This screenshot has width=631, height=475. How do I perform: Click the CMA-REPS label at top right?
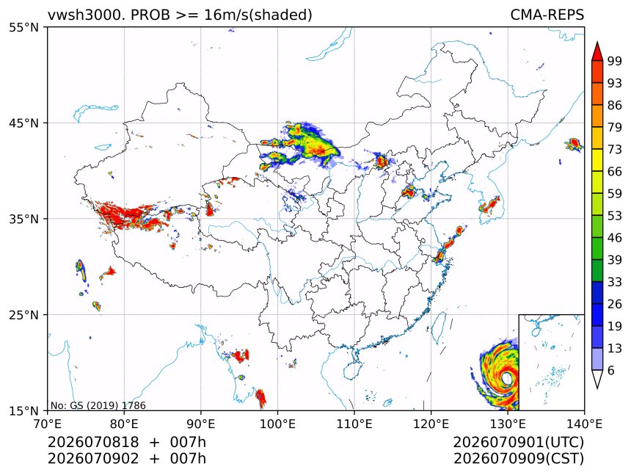coord(547,15)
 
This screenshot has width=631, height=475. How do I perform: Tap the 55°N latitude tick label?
coord(24,27)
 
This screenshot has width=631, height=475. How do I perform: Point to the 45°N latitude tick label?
coord(24,123)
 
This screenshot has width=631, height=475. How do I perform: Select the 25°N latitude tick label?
coord(24,314)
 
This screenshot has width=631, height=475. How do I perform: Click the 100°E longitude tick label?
coord(277,424)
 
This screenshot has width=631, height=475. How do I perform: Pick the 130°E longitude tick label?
coord(508,424)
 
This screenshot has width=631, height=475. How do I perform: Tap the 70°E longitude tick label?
coord(48,424)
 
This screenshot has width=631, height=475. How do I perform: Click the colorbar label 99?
coord(615,61)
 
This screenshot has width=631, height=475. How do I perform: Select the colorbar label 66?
coord(615,172)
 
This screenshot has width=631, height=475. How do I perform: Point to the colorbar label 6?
coord(611,370)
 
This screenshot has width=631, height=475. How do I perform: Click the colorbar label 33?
coord(615,282)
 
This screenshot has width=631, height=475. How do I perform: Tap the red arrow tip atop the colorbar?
coord(597,42)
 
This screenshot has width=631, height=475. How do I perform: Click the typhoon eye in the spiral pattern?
coord(507,378)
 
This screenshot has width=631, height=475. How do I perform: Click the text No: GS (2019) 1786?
coord(98,405)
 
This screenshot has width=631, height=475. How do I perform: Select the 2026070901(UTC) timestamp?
coord(518,442)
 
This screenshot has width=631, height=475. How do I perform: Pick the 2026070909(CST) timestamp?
coord(518,459)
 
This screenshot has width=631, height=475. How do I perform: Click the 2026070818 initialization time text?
coord(93,442)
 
